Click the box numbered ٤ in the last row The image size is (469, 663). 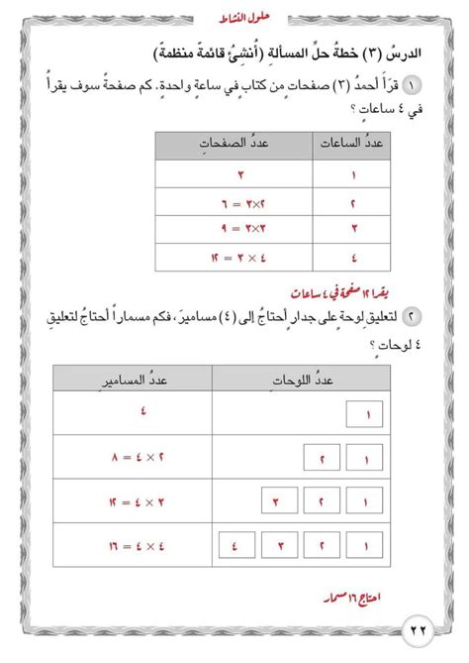[234, 545]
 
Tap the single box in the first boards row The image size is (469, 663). [366, 415]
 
